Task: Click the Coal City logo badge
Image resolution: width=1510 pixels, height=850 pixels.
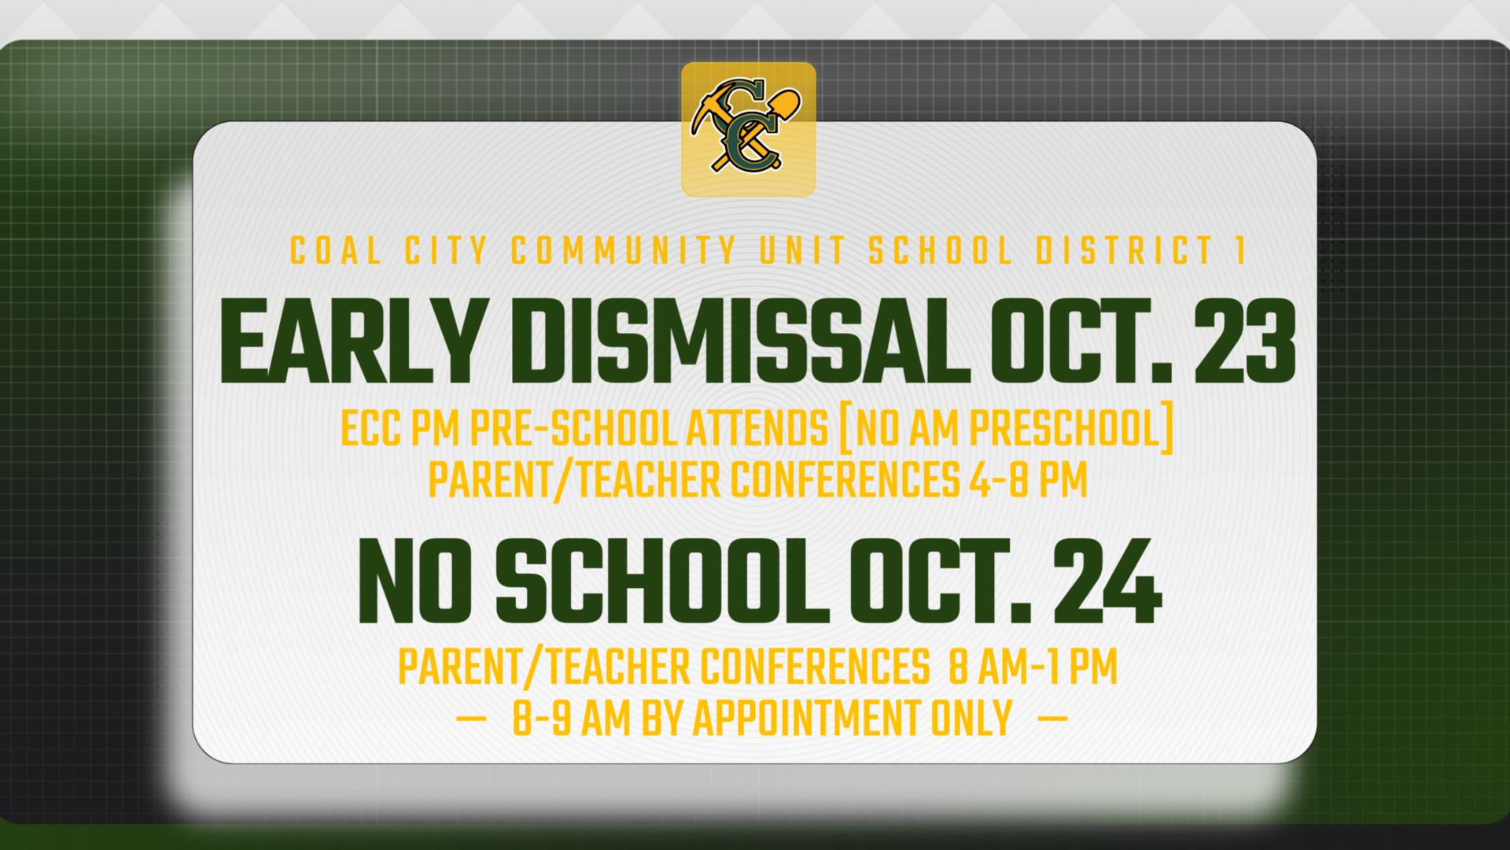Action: point(748,129)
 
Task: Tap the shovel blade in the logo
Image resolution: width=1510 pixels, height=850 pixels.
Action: point(786,102)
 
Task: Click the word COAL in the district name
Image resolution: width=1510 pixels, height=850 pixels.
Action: point(336,251)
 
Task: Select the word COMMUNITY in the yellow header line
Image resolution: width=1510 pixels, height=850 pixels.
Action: point(623,251)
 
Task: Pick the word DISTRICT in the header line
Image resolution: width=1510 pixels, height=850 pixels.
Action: point(1125,251)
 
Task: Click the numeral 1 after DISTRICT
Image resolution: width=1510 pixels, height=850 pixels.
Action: point(1239,251)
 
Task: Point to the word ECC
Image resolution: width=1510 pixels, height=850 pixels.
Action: point(370,429)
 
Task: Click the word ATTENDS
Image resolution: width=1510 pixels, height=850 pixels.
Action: point(757,429)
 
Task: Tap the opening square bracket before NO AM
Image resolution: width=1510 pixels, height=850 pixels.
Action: point(845,429)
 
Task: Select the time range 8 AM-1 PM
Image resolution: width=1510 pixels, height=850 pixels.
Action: point(1033,667)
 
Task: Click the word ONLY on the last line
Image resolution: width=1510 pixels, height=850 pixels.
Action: point(972,719)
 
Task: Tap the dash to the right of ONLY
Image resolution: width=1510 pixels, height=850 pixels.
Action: point(1053,718)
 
